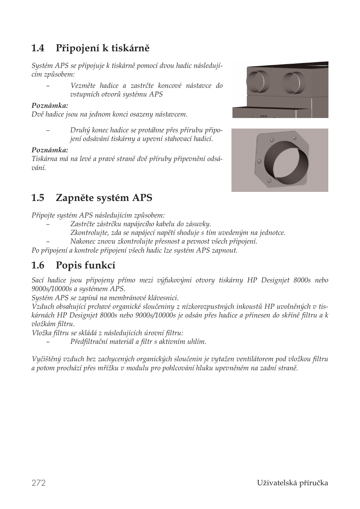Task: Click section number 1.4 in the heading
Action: click(38, 48)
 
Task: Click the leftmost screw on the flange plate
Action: click(259, 162)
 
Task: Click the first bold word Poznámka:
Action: click(49, 105)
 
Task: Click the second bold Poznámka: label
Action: click(49, 150)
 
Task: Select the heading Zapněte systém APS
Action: click(104, 198)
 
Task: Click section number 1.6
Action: click(38, 265)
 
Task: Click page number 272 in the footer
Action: click(38, 483)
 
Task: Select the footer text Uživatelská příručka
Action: click(292, 483)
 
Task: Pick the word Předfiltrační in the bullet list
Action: click(89, 342)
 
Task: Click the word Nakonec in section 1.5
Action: click(82, 242)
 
